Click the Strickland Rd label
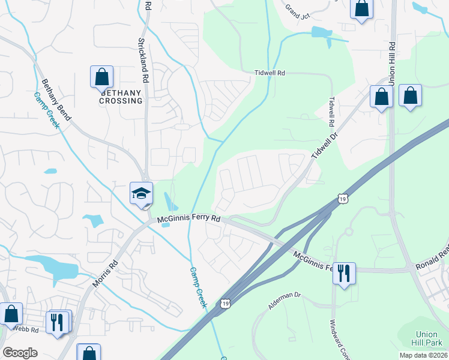pos(143,60)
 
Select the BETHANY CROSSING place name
pos(121,97)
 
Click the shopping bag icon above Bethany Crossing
pos(102,77)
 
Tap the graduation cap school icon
pos(142,194)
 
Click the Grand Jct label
pos(297,11)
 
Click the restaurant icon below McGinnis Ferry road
pos(344,274)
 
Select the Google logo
pos(20,352)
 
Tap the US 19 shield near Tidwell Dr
pos(342,198)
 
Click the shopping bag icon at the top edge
pos(361,8)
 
